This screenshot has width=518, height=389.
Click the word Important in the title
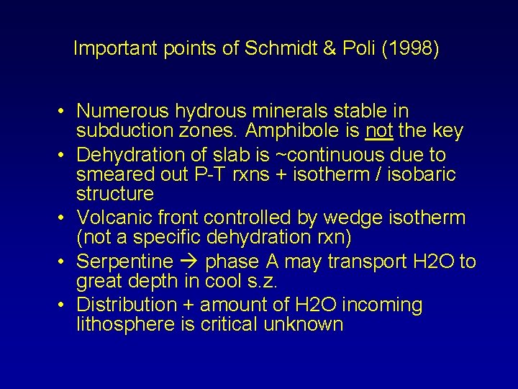[x=117, y=49]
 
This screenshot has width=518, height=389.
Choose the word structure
[x=115, y=194]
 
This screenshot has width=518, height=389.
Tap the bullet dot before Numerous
[x=64, y=112]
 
